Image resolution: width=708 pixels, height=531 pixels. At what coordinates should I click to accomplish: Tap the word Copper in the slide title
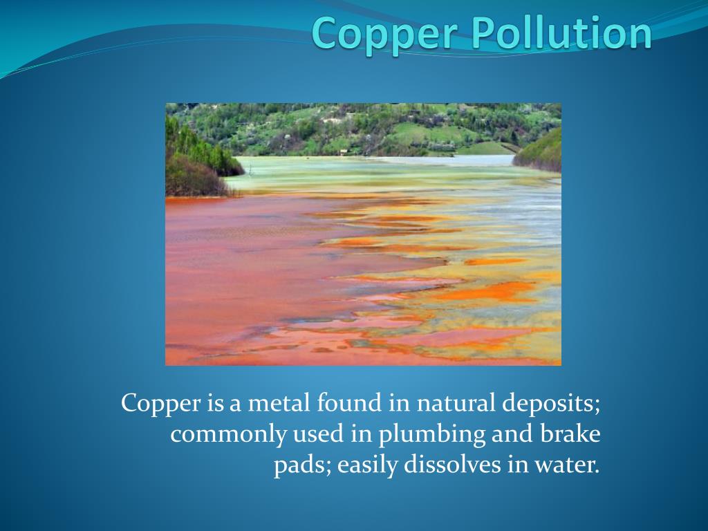tap(364, 35)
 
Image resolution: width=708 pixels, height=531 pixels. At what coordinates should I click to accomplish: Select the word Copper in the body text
tap(160, 403)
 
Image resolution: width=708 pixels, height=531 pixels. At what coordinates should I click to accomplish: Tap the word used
tap(315, 434)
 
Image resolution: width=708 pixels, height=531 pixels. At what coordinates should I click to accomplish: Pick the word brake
tap(568, 434)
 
